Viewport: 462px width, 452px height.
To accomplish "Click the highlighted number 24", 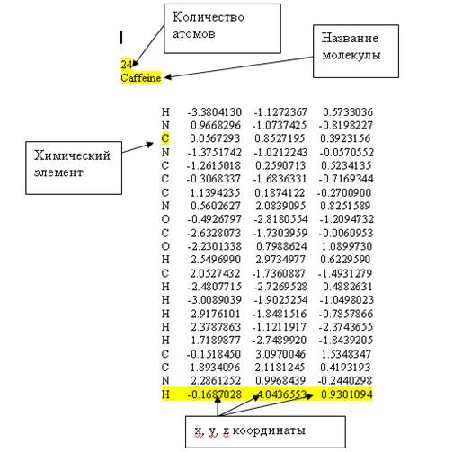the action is (126, 64).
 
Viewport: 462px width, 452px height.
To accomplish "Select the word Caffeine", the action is (141, 78).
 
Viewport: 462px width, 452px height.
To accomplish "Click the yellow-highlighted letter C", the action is (165, 138).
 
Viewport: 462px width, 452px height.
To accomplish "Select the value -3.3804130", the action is (214, 112).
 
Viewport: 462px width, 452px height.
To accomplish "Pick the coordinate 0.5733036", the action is (348, 112).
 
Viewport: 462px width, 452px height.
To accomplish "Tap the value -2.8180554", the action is (280, 219).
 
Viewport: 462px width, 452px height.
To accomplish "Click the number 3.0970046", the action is (280, 354).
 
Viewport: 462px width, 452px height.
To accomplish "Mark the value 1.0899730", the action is (346, 246).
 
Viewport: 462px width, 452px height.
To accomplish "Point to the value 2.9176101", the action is (216, 314).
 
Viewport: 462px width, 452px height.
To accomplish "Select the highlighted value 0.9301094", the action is (347, 394).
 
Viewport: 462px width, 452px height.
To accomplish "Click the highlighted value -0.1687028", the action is (214, 394).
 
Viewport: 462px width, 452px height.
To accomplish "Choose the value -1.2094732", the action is (346, 219).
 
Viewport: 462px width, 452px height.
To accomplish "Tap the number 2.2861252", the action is (216, 380).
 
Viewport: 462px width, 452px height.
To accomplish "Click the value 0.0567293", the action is (215, 138).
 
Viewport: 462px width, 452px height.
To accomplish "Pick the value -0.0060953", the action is (346, 233).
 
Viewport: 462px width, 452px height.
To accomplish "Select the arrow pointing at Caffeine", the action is (239, 67).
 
